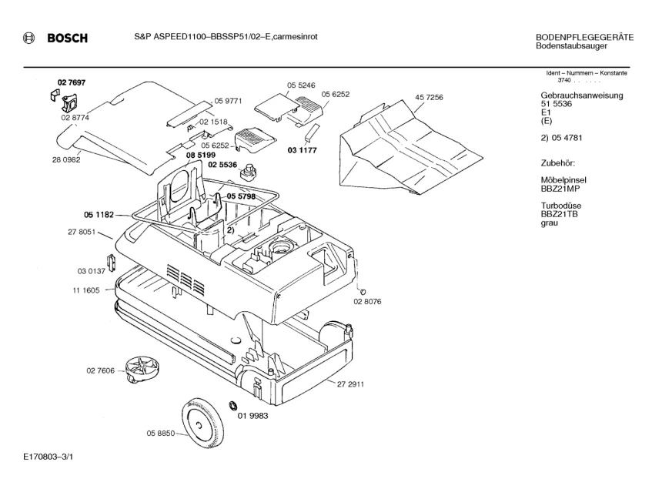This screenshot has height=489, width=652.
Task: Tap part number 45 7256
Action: click(x=430, y=98)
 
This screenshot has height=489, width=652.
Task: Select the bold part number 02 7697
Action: click(x=71, y=82)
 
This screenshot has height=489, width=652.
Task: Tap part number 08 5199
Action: click(x=200, y=155)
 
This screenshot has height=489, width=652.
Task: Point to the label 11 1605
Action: click(x=85, y=290)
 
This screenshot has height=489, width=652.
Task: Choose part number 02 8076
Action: click(x=368, y=303)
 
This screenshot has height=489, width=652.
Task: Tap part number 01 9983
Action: click(x=252, y=416)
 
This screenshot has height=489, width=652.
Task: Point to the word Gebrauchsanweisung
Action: click(x=582, y=95)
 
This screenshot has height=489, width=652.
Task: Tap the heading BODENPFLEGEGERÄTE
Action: click(x=584, y=38)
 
